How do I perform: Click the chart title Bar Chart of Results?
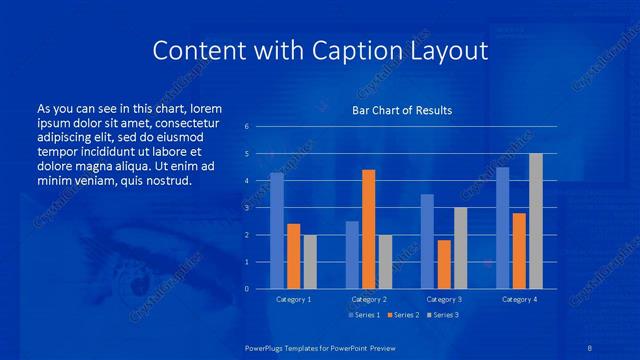click(x=402, y=110)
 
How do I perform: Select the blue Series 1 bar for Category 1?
click(x=277, y=231)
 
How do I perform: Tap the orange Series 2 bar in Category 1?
click(x=293, y=256)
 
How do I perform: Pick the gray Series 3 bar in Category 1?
click(x=309, y=262)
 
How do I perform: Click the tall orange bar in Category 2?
click(x=368, y=229)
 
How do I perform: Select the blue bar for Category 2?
click(x=352, y=255)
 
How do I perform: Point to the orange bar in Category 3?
click(x=443, y=264)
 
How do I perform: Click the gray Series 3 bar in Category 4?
click(x=535, y=221)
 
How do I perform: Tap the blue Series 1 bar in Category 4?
click(x=502, y=228)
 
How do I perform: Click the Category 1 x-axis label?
click(x=293, y=299)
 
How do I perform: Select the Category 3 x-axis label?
click(x=443, y=299)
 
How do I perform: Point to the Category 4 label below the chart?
click(x=518, y=299)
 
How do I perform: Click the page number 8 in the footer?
click(x=590, y=347)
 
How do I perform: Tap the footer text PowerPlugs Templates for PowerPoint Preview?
click(x=320, y=347)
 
